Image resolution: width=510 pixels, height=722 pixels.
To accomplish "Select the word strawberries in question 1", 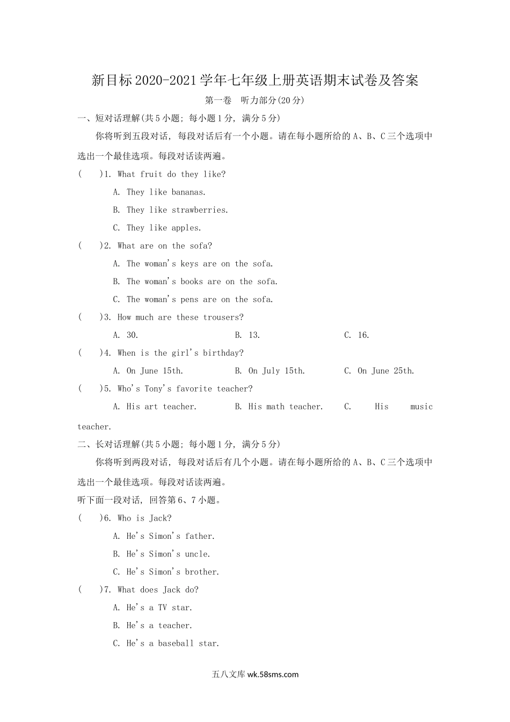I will (199, 210).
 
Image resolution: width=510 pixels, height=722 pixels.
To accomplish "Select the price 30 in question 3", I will (132, 335).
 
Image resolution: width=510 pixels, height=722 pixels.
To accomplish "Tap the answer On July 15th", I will (276, 371).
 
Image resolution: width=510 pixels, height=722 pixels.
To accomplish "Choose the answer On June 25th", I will (385, 371).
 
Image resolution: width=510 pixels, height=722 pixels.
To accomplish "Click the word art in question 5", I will (151, 407).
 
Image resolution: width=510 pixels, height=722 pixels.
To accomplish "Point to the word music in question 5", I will (421, 407).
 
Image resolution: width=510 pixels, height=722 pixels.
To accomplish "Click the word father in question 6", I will (199, 536).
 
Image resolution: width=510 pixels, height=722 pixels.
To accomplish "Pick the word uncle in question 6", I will (196, 554).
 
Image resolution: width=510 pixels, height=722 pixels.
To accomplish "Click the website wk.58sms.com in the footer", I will (273, 675).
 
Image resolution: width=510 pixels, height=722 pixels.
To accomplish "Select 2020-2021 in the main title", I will (166, 81).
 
